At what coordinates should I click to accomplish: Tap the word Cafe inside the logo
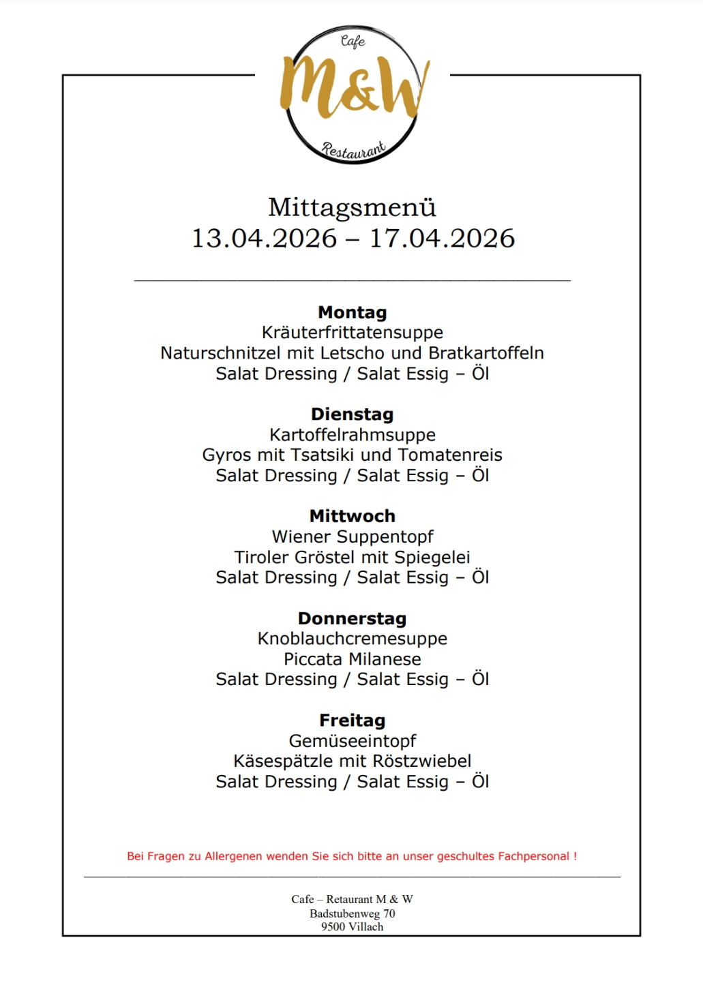click(x=353, y=42)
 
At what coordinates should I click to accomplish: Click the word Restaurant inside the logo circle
click(x=353, y=149)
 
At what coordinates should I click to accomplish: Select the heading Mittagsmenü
click(x=352, y=207)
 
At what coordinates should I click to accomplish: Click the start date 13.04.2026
click(x=264, y=239)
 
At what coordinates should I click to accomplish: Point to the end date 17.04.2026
click(x=442, y=239)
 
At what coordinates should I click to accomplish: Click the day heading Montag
click(x=352, y=313)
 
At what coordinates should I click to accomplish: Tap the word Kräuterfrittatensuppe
click(x=352, y=333)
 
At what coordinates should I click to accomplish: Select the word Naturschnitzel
click(x=220, y=353)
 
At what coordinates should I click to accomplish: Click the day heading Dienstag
click(x=352, y=414)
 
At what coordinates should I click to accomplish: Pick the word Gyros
click(x=226, y=455)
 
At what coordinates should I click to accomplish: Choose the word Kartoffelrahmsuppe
click(x=352, y=435)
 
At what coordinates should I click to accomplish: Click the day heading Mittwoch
click(x=352, y=516)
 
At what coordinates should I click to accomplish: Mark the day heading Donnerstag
click(x=352, y=618)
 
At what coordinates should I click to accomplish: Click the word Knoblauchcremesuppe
click(x=352, y=639)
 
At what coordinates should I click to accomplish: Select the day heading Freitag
click(x=352, y=720)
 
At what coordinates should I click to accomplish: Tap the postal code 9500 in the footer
click(x=333, y=927)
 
